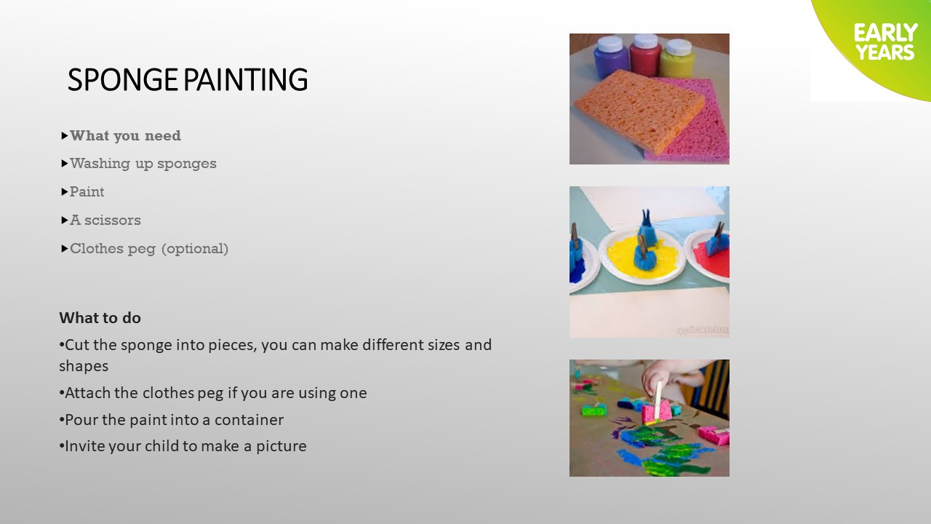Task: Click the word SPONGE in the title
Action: click(x=123, y=79)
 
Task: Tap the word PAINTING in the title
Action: click(x=246, y=79)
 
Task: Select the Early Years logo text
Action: click(x=885, y=42)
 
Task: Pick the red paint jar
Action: click(x=645, y=55)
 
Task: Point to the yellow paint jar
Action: click(x=677, y=58)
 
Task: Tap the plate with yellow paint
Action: click(x=642, y=257)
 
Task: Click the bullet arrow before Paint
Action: click(x=65, y=191)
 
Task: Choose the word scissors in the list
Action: click(x=113, y=220)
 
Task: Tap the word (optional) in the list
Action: click(x=195, y=249)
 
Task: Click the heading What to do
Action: click(x=100, y=318)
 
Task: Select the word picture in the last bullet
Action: click(x=281, y=446)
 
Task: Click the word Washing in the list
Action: click(x=100, y=164)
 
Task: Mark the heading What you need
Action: click(x=126, y=136)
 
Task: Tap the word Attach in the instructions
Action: click(x=87, y=393)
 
